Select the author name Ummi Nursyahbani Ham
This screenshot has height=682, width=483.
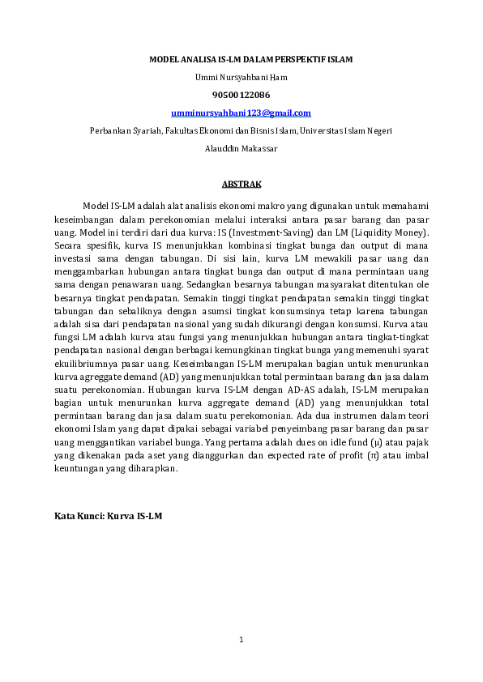point(241,77)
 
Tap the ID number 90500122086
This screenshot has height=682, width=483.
point(241,95)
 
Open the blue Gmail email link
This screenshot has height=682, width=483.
point(241,113)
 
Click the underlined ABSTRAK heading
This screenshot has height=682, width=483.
point(241,184)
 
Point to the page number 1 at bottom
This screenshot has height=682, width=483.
point(241,640)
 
